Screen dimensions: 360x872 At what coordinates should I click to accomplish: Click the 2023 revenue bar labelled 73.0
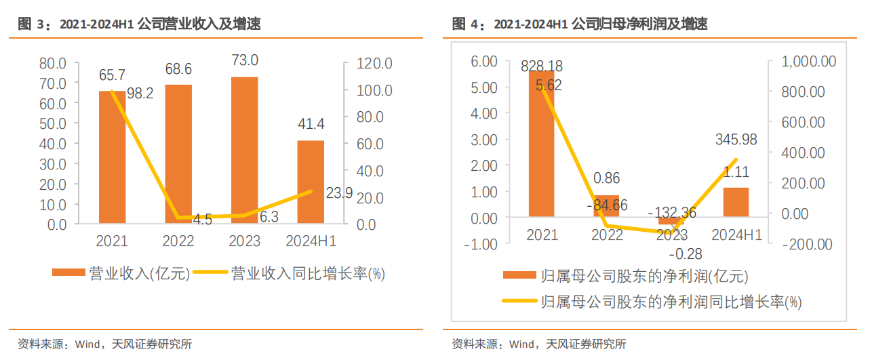pos(244,149)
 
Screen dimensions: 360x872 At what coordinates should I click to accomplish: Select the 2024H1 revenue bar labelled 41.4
pos(311,182)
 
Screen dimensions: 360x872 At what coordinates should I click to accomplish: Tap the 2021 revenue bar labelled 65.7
pos(112,157)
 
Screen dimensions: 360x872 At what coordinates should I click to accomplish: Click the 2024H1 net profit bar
pos(736,203)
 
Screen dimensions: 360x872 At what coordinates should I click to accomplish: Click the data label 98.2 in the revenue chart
pos(140,94)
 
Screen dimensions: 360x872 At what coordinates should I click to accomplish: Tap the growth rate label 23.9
pos(339,193)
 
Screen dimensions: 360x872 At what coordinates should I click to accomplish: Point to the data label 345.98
pos(736,140)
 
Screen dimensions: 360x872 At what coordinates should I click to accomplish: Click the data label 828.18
pos(541,66)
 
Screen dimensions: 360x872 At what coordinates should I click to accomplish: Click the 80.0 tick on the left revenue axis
pos(53,63)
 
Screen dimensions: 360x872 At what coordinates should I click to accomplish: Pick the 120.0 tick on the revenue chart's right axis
pos(376,63)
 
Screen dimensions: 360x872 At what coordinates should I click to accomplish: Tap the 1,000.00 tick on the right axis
pos(809,62)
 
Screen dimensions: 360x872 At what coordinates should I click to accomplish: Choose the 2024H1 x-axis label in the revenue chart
pos(311,241)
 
